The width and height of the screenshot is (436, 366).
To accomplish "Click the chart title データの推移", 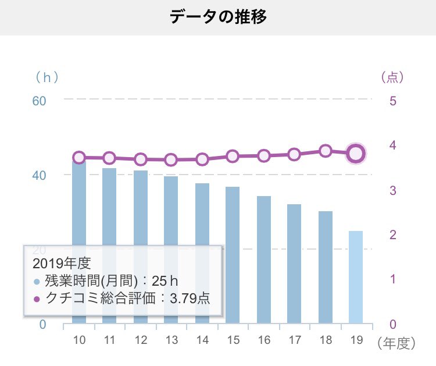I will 218,17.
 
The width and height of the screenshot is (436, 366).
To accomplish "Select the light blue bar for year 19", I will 356,276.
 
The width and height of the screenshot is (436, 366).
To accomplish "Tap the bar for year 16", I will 264,259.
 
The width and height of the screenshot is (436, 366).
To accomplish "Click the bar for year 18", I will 326,266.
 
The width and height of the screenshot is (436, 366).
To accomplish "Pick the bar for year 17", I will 294,263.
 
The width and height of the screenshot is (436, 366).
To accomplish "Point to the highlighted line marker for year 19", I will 356,154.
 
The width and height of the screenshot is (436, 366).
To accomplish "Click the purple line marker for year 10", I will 79,158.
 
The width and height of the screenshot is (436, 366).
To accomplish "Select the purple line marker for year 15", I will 233,156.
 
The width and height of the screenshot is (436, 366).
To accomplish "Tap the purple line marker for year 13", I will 171,159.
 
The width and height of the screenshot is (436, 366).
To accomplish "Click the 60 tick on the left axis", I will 39,100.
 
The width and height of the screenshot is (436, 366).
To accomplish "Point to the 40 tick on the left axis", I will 39,175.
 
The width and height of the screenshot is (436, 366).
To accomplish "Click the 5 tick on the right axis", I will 393,100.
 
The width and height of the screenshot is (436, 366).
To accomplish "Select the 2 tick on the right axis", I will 393,234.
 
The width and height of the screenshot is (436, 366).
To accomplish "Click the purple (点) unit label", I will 392,76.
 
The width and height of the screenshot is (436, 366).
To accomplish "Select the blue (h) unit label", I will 47,76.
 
